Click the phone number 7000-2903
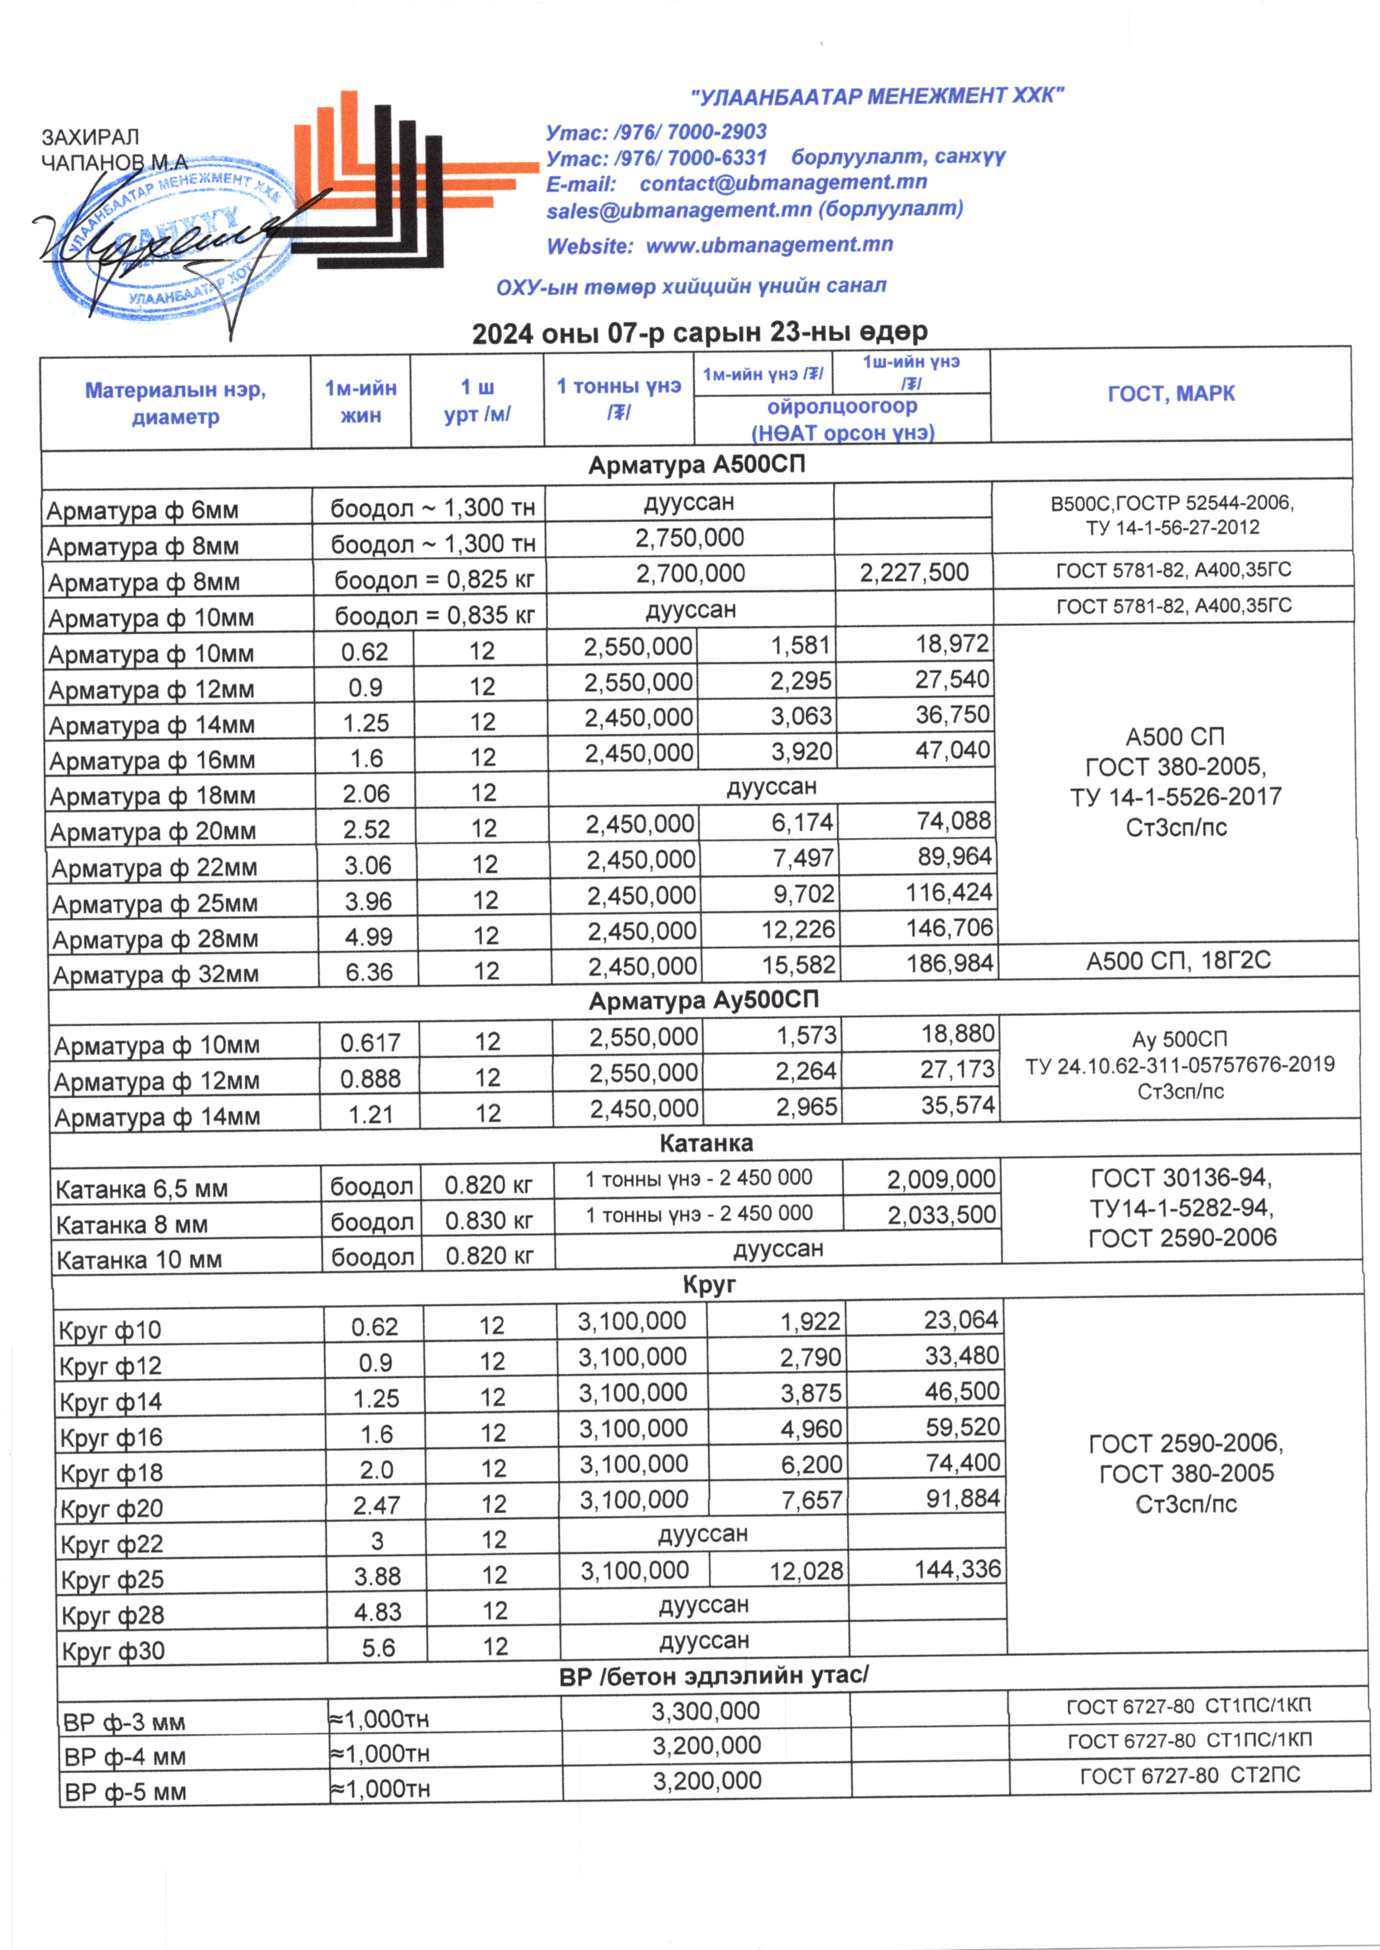pos(716,132)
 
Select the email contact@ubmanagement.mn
pos(783,182)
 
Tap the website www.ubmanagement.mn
pos(769,245)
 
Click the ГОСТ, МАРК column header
pos(1171,393)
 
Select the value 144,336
pos(958,1570)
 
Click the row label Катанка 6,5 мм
pos(141,1189)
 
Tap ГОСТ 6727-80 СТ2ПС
pos(1190,1775)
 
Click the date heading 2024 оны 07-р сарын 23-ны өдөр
pos(699,332)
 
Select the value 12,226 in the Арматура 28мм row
pos(798,929)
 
